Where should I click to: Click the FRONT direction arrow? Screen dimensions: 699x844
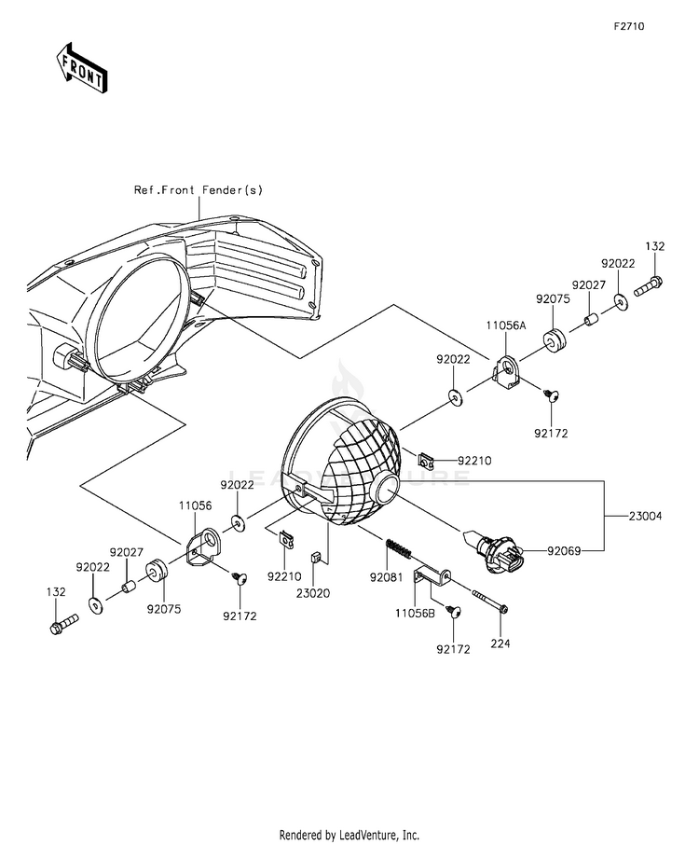tap(82, 67)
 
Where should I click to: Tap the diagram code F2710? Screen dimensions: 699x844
tap(629, 26)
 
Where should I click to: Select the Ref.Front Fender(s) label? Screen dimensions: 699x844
tap(199, 190)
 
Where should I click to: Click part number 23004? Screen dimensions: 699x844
tap(645, 517)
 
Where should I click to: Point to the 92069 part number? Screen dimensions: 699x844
tap(564, 550)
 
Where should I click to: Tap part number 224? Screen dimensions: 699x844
tap(500, 643)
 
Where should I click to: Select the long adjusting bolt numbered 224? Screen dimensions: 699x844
tap(489, 602)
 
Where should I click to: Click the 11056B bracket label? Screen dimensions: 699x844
tap(415, 613)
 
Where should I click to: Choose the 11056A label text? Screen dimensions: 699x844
tap(505, 325)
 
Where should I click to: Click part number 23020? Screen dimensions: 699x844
tap(312, 593)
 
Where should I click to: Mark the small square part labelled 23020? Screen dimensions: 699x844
tap(315, 557)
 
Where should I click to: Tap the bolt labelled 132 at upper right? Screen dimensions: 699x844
tap(649, 286)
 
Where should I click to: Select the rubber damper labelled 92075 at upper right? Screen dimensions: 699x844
tap(554, 342)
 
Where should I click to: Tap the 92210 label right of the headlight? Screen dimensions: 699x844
tap(474, 461)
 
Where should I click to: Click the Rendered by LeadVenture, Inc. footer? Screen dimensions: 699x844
tap(349, 836)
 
